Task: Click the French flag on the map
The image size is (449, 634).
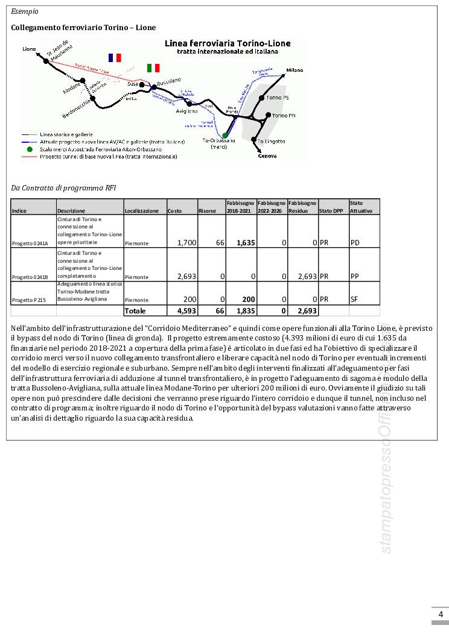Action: coord(115,57)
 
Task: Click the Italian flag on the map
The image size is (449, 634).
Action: coord(153,67)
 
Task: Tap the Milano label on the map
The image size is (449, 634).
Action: coord(295,70)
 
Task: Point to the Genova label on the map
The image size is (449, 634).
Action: coord(267,155)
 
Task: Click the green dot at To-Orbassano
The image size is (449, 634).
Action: coord(225,135)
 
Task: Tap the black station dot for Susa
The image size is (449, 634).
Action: coord(142,85)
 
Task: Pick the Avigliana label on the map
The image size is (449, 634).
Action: coord(187,111)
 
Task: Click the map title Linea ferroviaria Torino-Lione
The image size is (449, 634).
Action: coord(228,43)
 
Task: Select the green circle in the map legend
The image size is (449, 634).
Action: coord(29,149)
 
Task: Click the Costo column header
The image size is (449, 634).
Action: coord(174,211)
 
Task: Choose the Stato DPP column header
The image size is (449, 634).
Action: coord(328,211)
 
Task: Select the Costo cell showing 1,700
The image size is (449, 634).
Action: coord(186,242)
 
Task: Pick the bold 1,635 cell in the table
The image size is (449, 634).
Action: coord(244,242)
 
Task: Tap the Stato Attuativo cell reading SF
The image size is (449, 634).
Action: coord(354,298)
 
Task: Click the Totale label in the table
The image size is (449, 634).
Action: coord(135,310)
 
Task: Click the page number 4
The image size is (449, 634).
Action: coord(440,614)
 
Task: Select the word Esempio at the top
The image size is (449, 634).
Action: coord(24,11)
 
